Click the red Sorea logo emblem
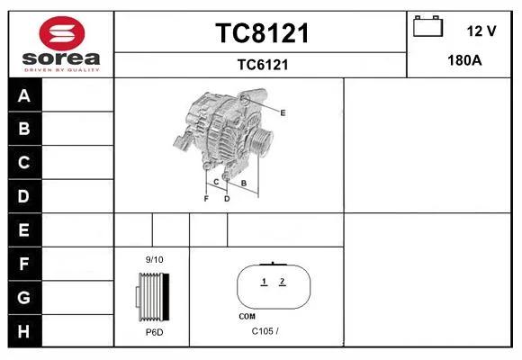click(62, 33)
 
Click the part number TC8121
click(262, 33)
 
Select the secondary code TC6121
click(263, 65)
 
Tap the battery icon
click(427, 26)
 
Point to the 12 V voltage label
click(481, 31)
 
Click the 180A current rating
click(464, 60)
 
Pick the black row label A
click(24, 95)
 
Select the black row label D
click(23, 196)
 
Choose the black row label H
click(23, 331)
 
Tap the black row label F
click(23, 264)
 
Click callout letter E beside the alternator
click(283, 112)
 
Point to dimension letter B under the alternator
click(244, 184)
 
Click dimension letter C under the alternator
click(216, 182)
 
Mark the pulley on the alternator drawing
click(261, 141)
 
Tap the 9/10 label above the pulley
click(154, 259)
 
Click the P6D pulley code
click(155, 332)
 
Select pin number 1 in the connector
click(264, 282)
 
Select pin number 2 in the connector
click(283, 282)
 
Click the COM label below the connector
click(247, 317)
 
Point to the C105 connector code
click(263, 331)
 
